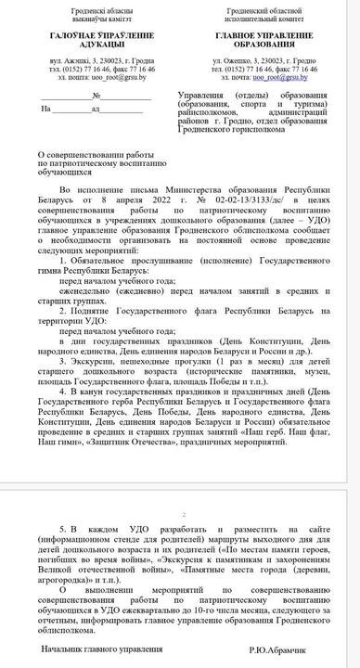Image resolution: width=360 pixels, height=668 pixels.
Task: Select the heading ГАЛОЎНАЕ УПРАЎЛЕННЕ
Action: (88, 34)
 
